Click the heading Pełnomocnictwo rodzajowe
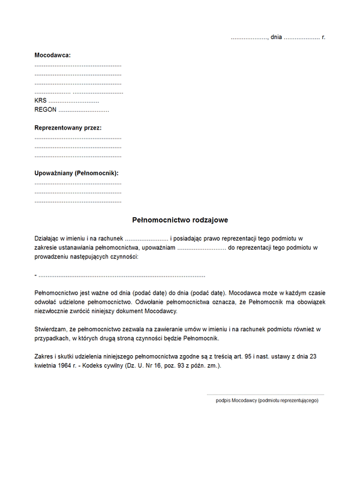pos(180,220)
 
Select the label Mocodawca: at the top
pos(53,55)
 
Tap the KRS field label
pos(40,101)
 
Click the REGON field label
pos(46,110)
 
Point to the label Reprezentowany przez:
pos(68,128)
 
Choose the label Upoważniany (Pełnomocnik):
pos(77,173)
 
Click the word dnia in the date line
pos(276,37)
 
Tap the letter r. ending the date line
pos(323,37)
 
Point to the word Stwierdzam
pos(52,329)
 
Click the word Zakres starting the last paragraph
pos(45,356)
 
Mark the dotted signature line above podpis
pos(265,394)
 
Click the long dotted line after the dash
pos(123,275)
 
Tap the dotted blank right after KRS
pos(73,101)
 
